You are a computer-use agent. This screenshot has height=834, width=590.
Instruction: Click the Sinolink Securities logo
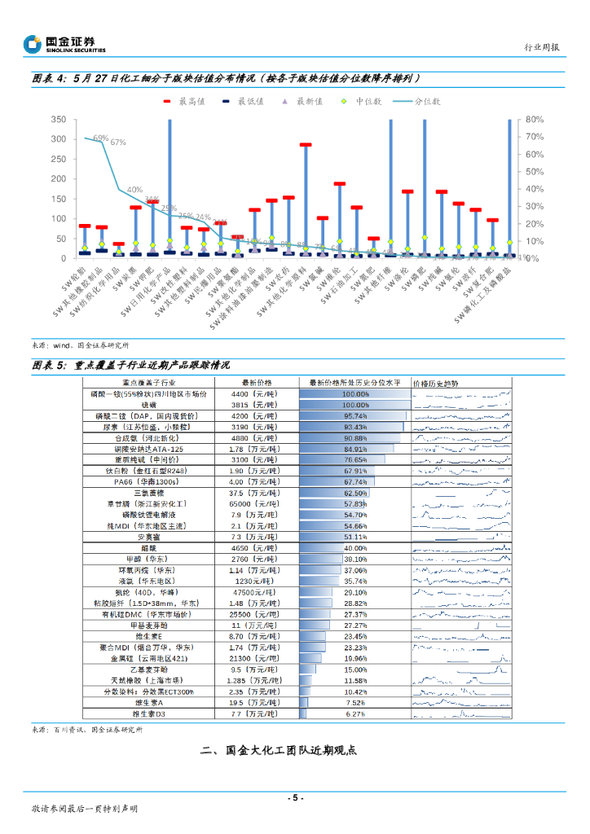pyautogui.click(x=64, y=45)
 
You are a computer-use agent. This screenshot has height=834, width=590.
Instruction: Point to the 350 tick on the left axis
pyautogui.click(x=58, y=120)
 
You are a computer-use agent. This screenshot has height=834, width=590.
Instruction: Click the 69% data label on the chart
pyautogui.click(x=100, y=138)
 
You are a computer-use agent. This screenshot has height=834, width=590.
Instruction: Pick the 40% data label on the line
pyautogui.click(x=134, y=190)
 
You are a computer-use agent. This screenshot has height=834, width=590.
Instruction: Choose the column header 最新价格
pyautogui.click(x=258, y=383)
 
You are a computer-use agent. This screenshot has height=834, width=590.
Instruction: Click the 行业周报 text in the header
pyautogui.click(x=540, y=47)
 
